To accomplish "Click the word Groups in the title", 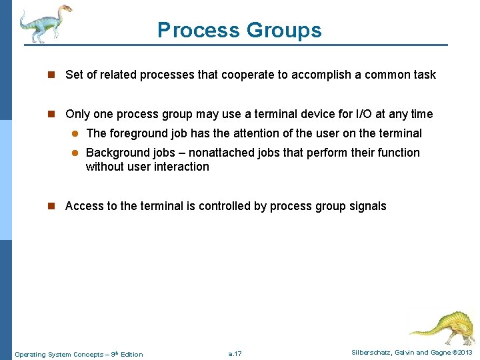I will (283, 31).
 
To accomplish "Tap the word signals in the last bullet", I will (367, 206).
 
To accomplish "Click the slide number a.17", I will (235, 354).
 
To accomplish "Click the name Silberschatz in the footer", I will (372, 353).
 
